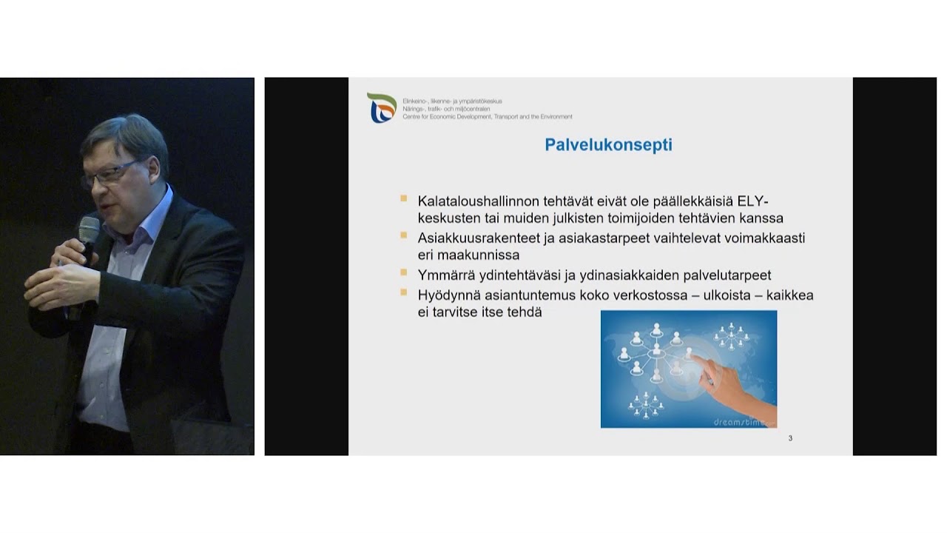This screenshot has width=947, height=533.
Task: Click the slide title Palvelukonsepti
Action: click(x=608, y=144)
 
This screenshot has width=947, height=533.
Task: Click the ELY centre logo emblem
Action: click(x=382, y=107)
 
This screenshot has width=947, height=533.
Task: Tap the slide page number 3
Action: click(x=790, y=438)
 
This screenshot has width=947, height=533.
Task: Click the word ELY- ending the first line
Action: click(x=755, y=201)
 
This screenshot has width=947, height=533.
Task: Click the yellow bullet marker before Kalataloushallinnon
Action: click(x=403, y=198)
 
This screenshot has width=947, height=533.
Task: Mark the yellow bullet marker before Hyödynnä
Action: click(x=403, y=292)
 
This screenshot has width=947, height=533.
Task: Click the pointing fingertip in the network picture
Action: click(x=694, y=358)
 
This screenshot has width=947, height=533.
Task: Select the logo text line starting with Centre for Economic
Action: click(x=487, y=117)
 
